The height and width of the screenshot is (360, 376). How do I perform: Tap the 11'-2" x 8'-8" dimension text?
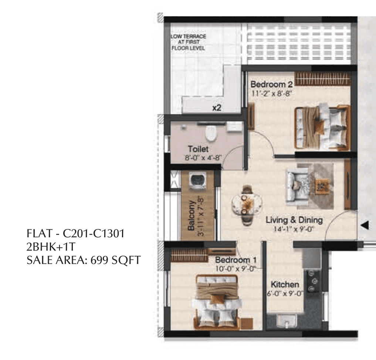pos(271,93)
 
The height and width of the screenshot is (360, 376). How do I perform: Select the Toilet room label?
pos(198,149)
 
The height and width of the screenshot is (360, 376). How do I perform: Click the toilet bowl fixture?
pos(211,134)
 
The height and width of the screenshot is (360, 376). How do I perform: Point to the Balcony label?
pos(191,215)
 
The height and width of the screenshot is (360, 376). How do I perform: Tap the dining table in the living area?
pos(247,205)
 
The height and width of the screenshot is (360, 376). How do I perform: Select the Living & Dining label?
pos(294,220)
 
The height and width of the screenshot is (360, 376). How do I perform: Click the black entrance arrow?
pos(365,225)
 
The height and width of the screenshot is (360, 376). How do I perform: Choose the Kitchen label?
pos(285,285)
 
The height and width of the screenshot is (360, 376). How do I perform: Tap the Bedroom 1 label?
pos(236,260)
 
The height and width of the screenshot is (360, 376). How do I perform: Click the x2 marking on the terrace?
pos(217,108)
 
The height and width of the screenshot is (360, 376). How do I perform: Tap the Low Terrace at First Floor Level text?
pos(188,43)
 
